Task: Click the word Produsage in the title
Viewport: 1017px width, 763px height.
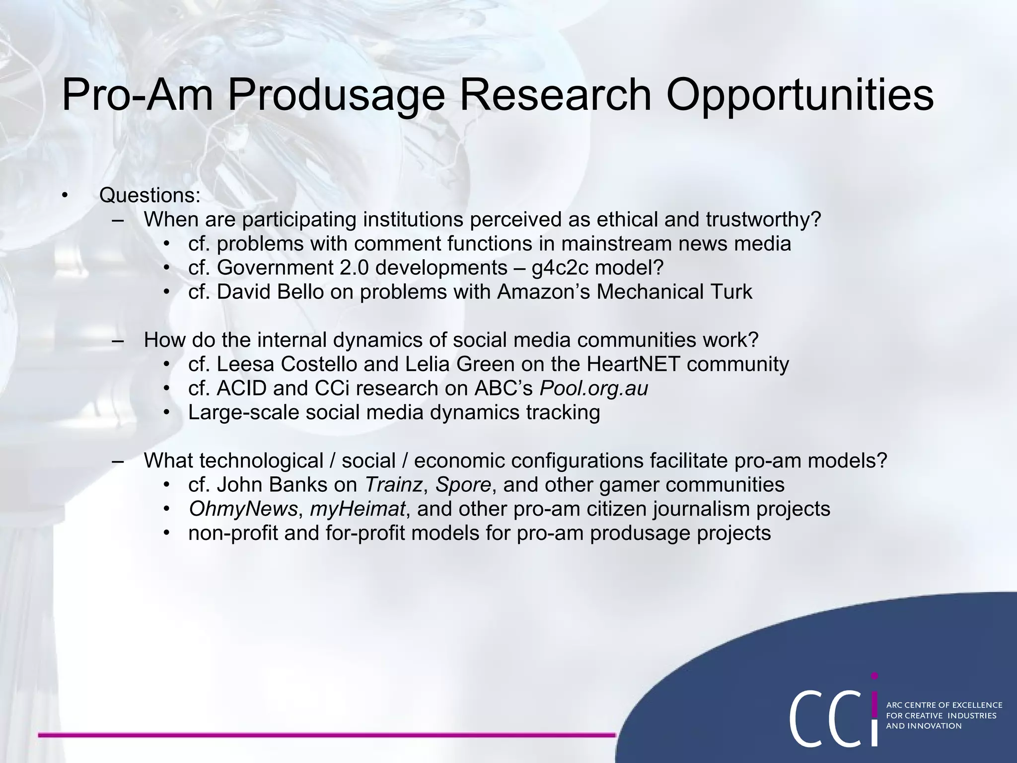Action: point(336,95)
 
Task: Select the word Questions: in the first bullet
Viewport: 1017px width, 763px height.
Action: point(150,195)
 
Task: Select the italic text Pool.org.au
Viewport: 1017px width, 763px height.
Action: point(593,388)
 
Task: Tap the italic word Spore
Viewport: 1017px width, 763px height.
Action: point(463,485)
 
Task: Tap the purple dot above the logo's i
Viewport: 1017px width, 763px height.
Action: point(874,676)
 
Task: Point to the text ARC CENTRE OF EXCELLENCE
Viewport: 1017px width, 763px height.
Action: point(944,705)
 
